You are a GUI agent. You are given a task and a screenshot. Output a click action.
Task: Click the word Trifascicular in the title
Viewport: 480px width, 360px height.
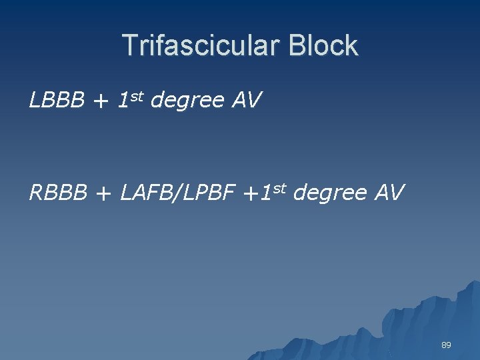[x=201, y=46]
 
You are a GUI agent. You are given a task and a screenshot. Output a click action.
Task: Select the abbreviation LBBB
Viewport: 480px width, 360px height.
[x=57, y=101]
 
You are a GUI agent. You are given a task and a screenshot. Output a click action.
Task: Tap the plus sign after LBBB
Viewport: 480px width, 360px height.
[x=101, y=101]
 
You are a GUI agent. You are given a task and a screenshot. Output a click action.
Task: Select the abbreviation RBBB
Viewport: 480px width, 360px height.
[x=58, y=193]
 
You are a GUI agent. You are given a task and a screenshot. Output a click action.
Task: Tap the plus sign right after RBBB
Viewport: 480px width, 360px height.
[x=103, y=193]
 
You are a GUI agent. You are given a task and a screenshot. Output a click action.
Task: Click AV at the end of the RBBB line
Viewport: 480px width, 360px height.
[x=388, y=193]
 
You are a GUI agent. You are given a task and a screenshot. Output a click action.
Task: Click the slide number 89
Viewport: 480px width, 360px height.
[x=446, y=345]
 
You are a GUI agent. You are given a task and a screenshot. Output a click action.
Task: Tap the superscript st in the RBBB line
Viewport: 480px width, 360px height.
[x=279, y=188]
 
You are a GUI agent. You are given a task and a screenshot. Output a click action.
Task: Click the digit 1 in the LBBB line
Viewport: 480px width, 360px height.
[x=123, y=101]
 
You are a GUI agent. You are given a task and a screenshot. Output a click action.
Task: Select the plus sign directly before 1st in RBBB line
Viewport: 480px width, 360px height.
[x=250, y=193]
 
